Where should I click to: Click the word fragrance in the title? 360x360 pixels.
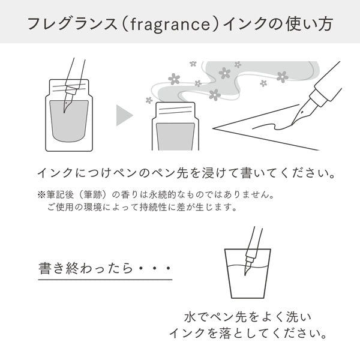coord(170,24)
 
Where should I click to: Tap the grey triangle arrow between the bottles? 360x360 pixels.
coord(124,115)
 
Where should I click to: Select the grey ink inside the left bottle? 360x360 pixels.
coord(69,121)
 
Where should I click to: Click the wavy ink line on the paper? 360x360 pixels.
coord(272,126)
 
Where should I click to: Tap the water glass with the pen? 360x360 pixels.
coord(248,274)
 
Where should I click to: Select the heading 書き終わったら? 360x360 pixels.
coord(85,268)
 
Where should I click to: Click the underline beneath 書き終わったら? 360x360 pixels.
coord(105,280)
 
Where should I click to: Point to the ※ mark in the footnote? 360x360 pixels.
coord(41,195)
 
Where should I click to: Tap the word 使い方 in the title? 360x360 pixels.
coord(310,24)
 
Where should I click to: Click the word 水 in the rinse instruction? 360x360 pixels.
coord(190,317)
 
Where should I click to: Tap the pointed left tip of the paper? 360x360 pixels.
coord(213,128)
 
